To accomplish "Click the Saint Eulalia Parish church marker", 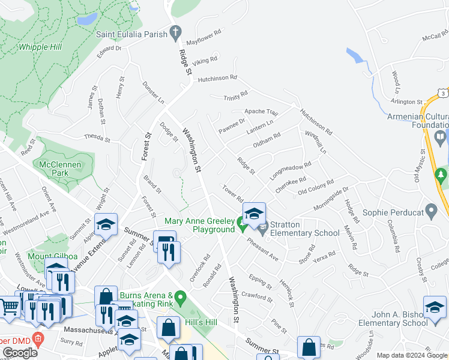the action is point(176,34).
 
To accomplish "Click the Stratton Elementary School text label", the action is point(305,233).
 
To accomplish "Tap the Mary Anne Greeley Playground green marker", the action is point(242,226).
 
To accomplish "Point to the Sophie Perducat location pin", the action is point(430,211).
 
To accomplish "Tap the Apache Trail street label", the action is point(261,112).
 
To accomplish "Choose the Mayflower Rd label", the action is point(204,40).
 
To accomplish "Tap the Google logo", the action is point(20,353).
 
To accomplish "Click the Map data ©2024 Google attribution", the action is point(412,355).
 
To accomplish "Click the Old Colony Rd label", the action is point(316,187).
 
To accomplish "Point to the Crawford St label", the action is point(256,295).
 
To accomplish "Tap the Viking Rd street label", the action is point(205,61).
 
